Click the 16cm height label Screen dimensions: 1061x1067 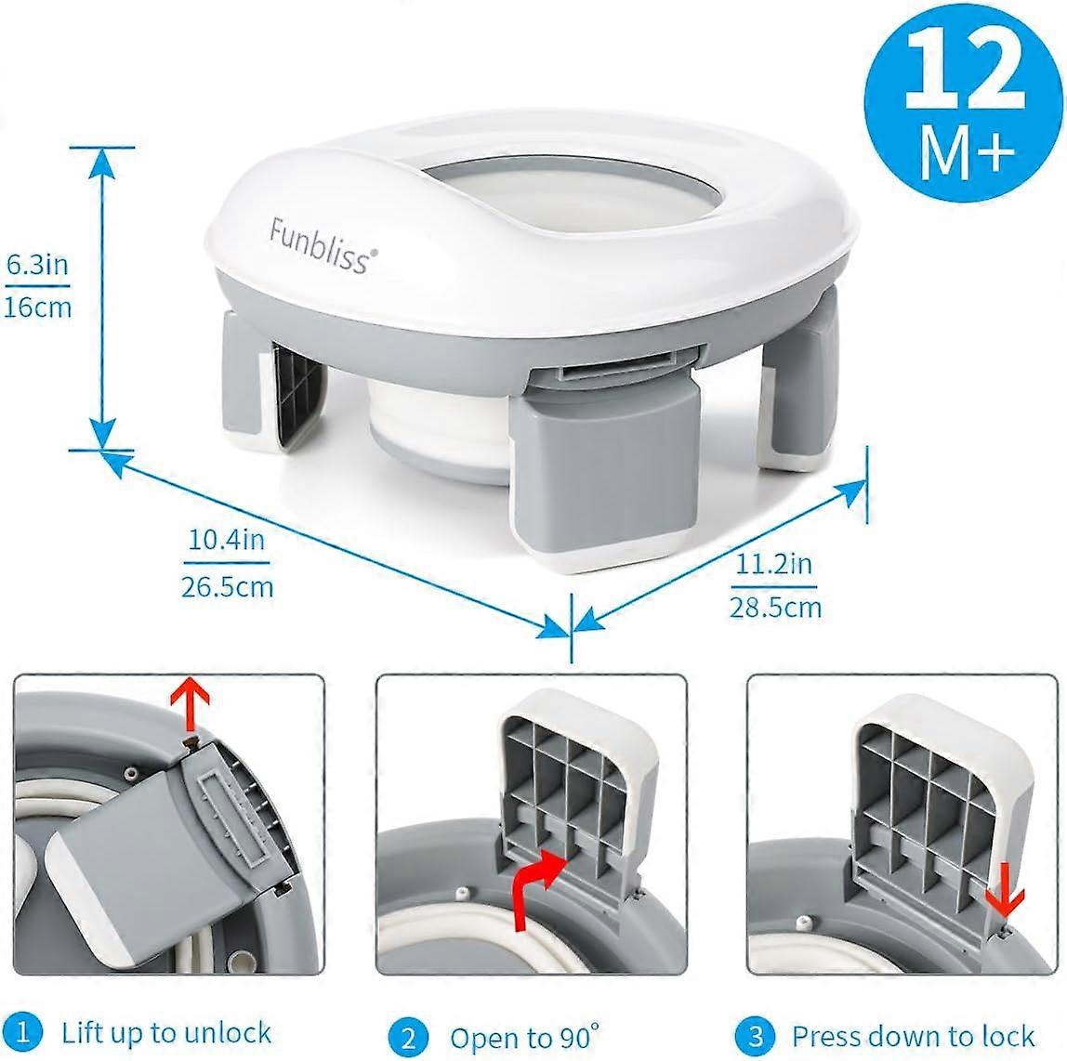38,308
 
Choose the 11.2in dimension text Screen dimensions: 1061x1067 774,564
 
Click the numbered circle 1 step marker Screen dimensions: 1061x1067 29,1032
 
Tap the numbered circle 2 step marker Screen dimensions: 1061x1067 409,1036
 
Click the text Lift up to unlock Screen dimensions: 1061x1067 166,1032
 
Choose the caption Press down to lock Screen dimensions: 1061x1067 913,1035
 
